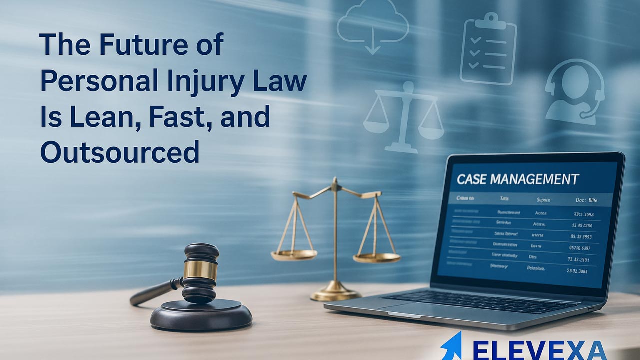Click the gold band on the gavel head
click(x=200, y=270)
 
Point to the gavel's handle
click(x=152, y=292)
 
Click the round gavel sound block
click(x=201, y=315)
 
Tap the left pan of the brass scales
click(x=294, y=254)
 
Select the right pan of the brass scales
click(x=376, y=258)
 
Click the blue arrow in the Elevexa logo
click(x=452, y=346)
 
